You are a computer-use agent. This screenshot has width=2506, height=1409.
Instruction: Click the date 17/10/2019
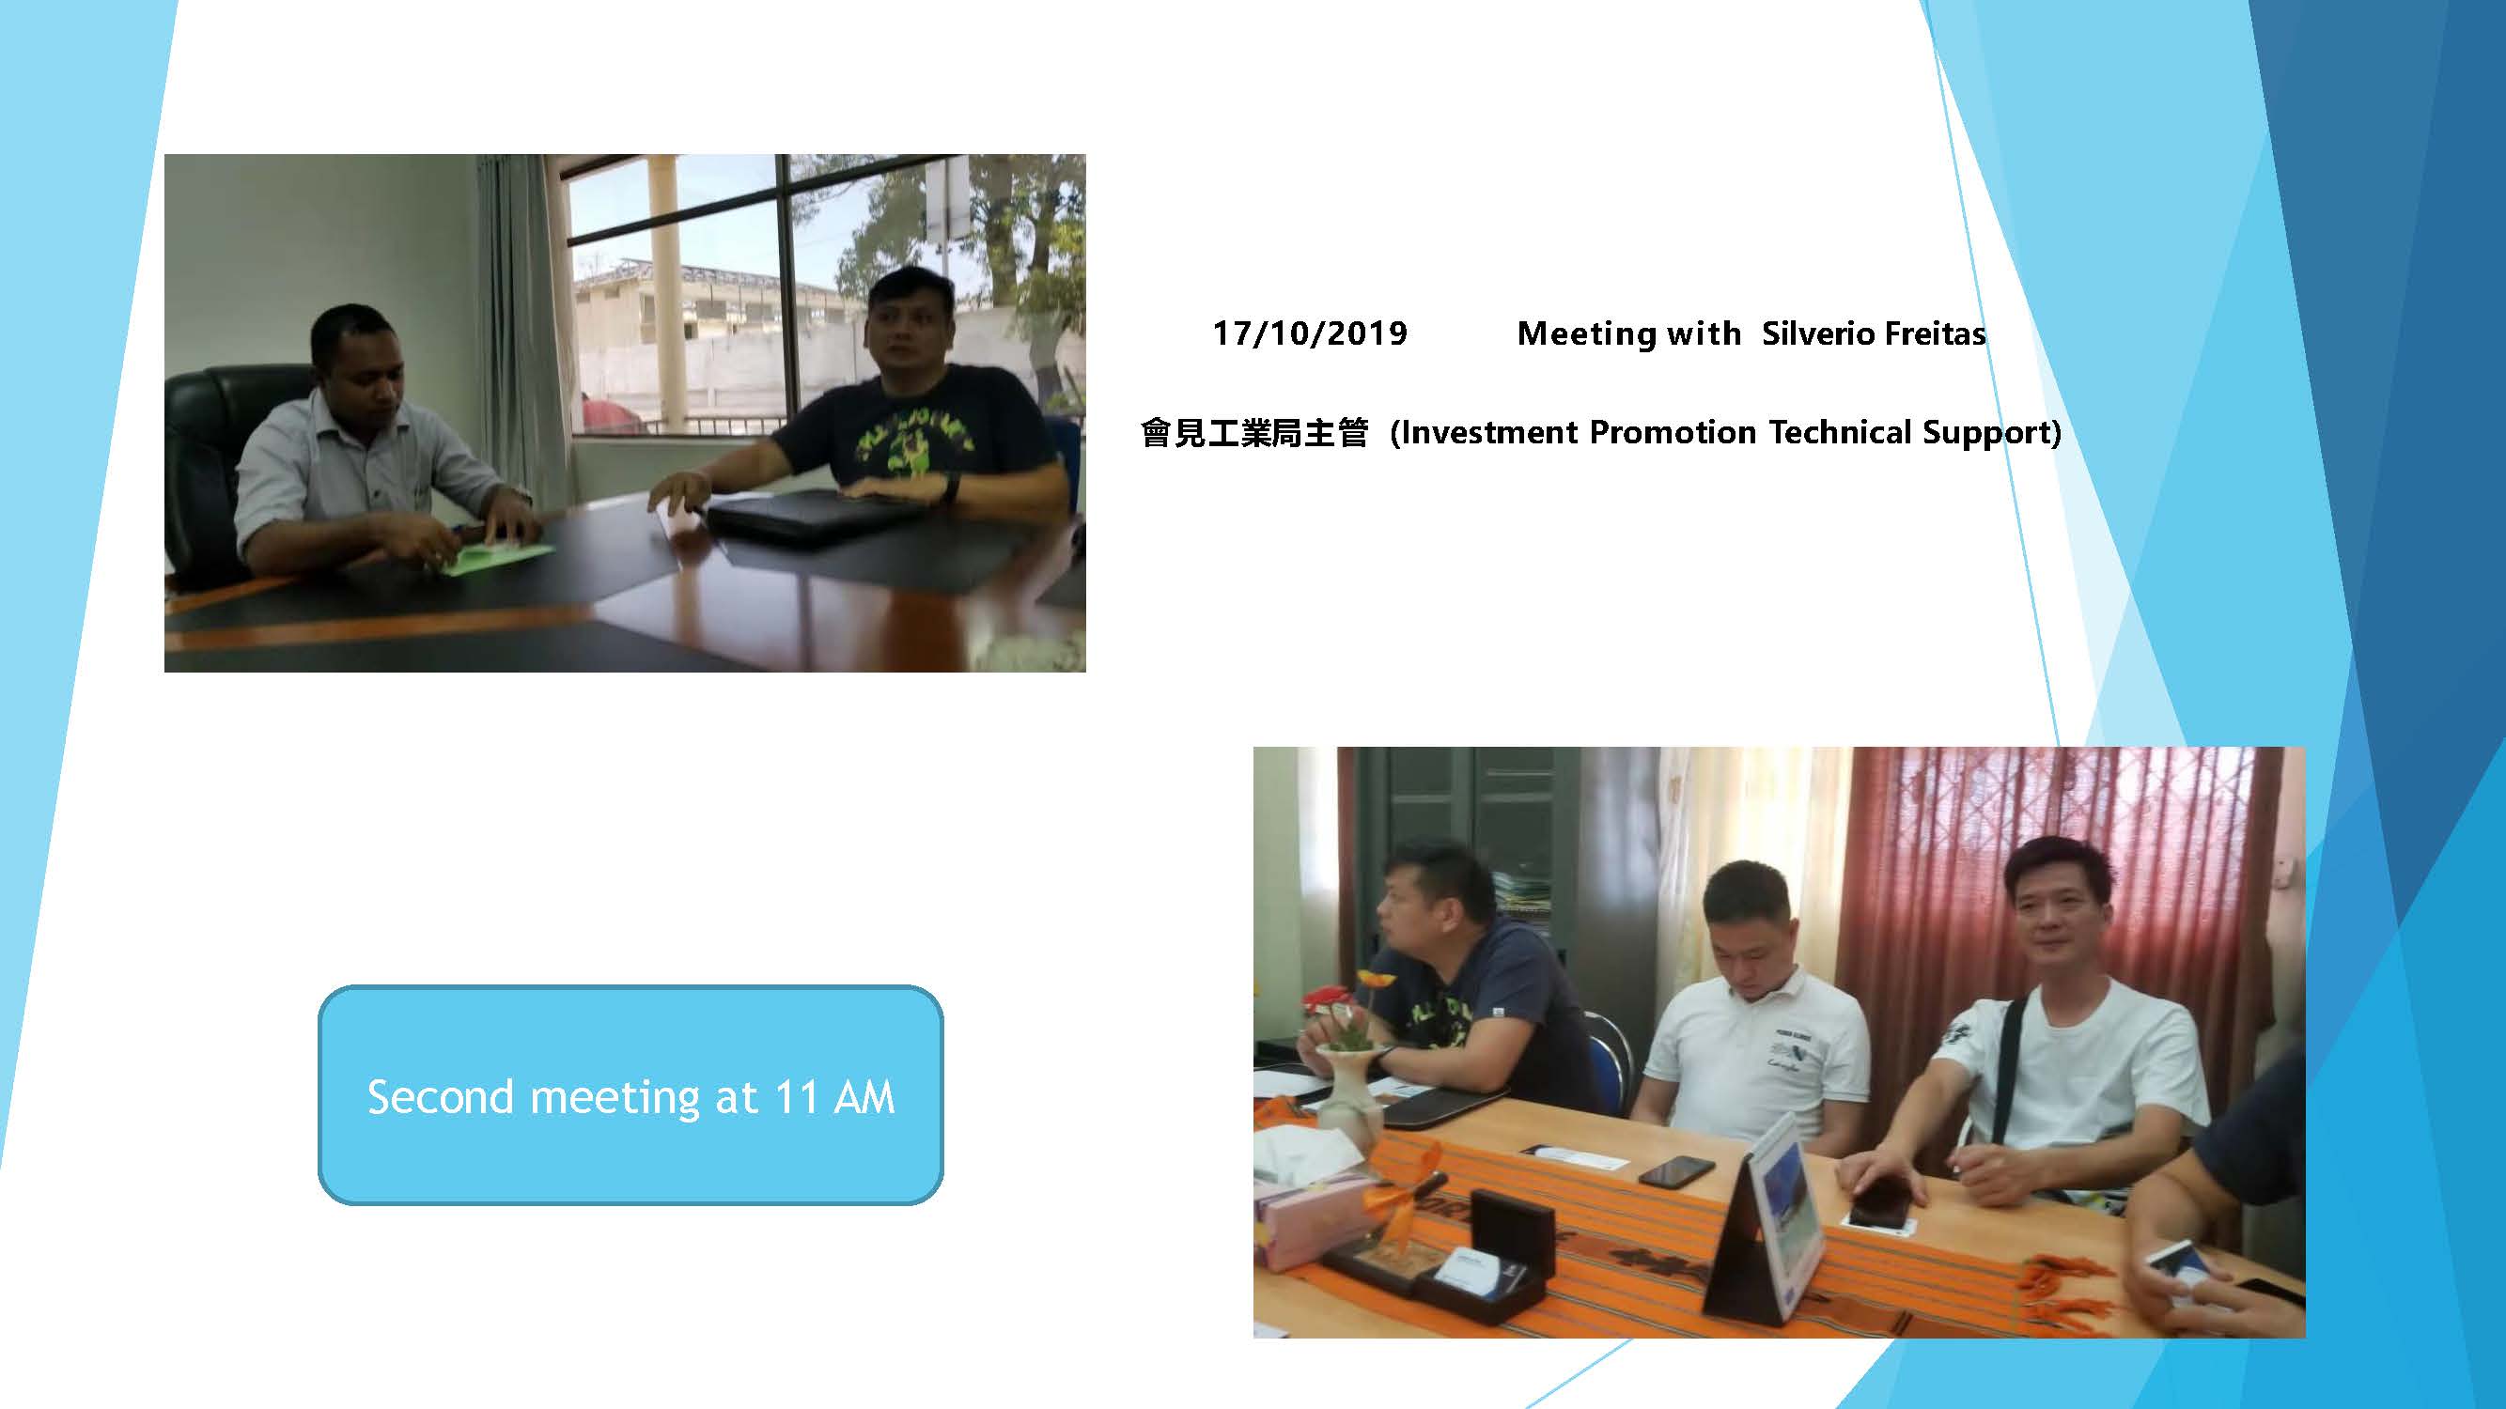(x=1310, y=333)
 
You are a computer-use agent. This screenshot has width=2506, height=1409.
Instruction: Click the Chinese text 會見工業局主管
(x=1255, y=432)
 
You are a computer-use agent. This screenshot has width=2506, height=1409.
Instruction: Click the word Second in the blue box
(x=441, y=1097)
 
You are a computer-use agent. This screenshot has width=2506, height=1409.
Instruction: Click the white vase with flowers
(x=1353, y=1079)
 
